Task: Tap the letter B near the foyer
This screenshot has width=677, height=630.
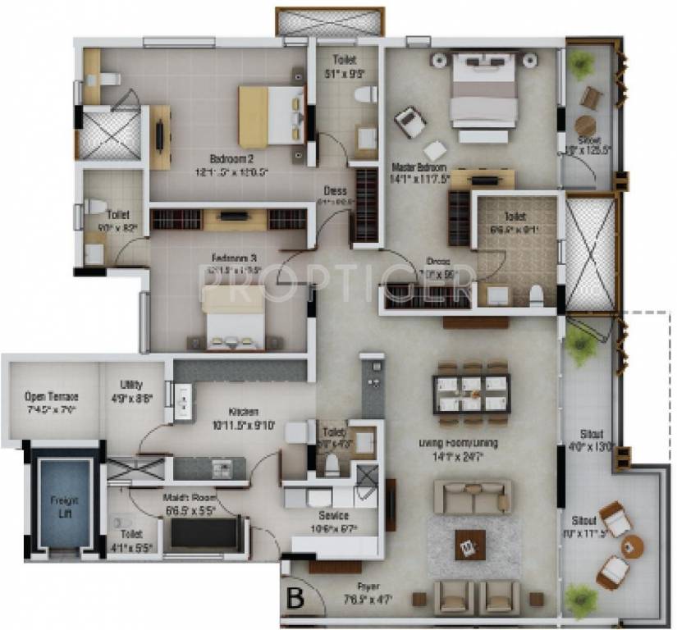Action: point(294,598)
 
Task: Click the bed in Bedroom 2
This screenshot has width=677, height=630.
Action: point(272,116)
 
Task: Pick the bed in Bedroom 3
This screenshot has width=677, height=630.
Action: point(234,319)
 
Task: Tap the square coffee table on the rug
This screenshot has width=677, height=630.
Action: point(469,544)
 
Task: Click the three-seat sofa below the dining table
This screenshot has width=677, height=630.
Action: point(472,496)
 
